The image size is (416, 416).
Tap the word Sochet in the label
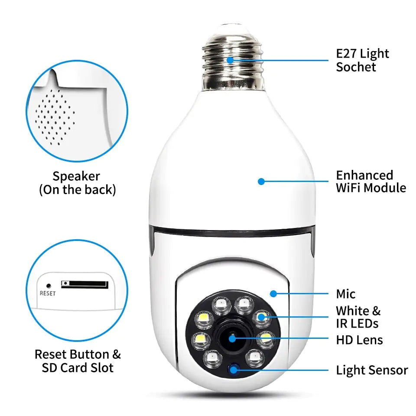tap(356, 67)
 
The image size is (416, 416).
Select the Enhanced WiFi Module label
tap(371, 182)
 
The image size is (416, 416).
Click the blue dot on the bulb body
tap(261, 182)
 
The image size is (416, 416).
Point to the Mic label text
tap(346, 294)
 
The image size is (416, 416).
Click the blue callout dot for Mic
tap(273, 293)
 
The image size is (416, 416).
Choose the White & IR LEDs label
tap(358, 317)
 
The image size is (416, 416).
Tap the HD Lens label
tap(359, 340)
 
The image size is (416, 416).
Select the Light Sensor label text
tap(372, 370)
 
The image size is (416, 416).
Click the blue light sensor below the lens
tap(234, 369)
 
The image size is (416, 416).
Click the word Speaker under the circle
tap(76, 176)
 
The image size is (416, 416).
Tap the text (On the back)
tap(77, 190)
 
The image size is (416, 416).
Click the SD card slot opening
tap(84, 284)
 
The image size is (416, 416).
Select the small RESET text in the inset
tap(48, 293)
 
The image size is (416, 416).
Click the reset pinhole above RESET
tap(48, 286)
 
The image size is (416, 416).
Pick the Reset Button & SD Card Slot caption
tap(78, 361)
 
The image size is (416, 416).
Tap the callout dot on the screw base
tap(230, 60)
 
